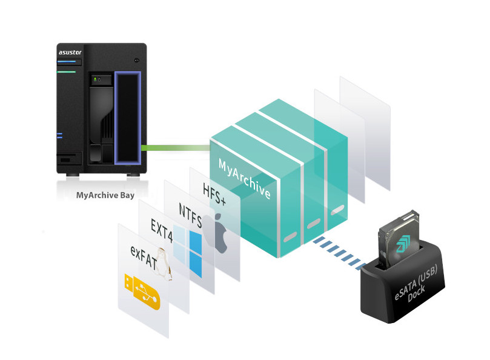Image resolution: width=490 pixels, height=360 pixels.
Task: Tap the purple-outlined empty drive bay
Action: [127, 118]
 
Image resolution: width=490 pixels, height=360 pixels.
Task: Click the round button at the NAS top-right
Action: [137, 60]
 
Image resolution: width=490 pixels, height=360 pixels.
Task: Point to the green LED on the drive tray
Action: [94, 79]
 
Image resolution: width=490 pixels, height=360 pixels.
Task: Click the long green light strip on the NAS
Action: [67, 72]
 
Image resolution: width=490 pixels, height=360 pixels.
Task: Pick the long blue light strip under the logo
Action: [68, 62]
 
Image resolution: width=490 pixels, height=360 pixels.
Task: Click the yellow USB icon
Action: [142, 291]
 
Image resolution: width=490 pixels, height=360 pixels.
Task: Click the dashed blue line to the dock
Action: [340, 253]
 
